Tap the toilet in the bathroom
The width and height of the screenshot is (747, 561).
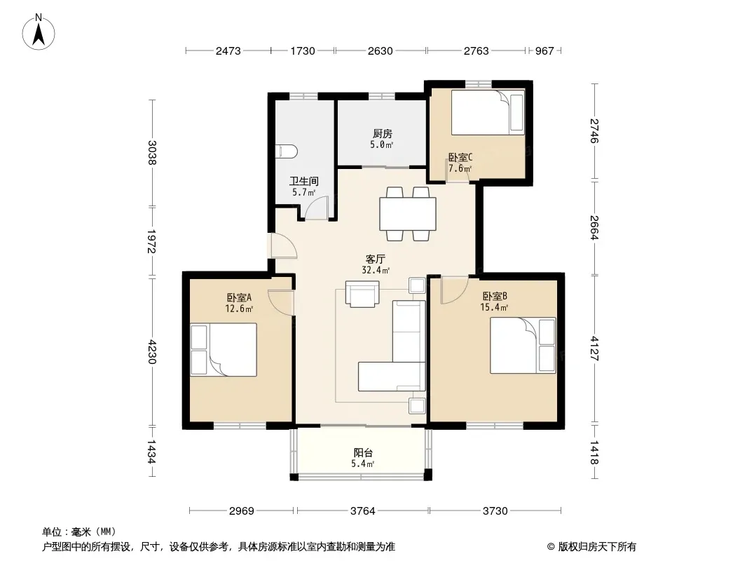click(x=287, y=151)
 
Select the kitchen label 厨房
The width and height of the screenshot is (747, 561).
click(x=383, y=133)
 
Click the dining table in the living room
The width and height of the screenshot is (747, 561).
click(x=408, y=214)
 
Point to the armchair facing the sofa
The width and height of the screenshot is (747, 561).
click(x=362, y=294)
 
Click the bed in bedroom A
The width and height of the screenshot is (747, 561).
click(x=224, y=349)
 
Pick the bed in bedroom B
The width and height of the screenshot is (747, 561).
click(x=523, y=345)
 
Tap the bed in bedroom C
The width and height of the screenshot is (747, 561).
click(x=488, y=112)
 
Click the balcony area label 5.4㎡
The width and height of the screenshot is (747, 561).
click(x=362, y=464)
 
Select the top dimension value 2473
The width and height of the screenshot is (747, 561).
click(x=228, y=50)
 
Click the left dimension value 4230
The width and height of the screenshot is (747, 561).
click(x=152, y=351)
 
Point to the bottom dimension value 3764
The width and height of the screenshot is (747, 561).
click(x=362, y=511)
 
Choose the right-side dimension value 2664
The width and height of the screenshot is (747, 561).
click(x=594, y=227)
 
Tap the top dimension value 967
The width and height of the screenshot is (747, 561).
click(x=544, y=50)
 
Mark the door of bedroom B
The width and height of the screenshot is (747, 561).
click(x=453, y=290)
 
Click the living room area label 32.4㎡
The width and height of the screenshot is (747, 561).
click(x=376, y=270)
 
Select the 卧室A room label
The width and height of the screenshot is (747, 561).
click(x=239, y=297)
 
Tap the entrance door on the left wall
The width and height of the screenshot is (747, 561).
click(x=283, y=246)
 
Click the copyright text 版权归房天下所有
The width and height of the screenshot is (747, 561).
click(x=597, y=547)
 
